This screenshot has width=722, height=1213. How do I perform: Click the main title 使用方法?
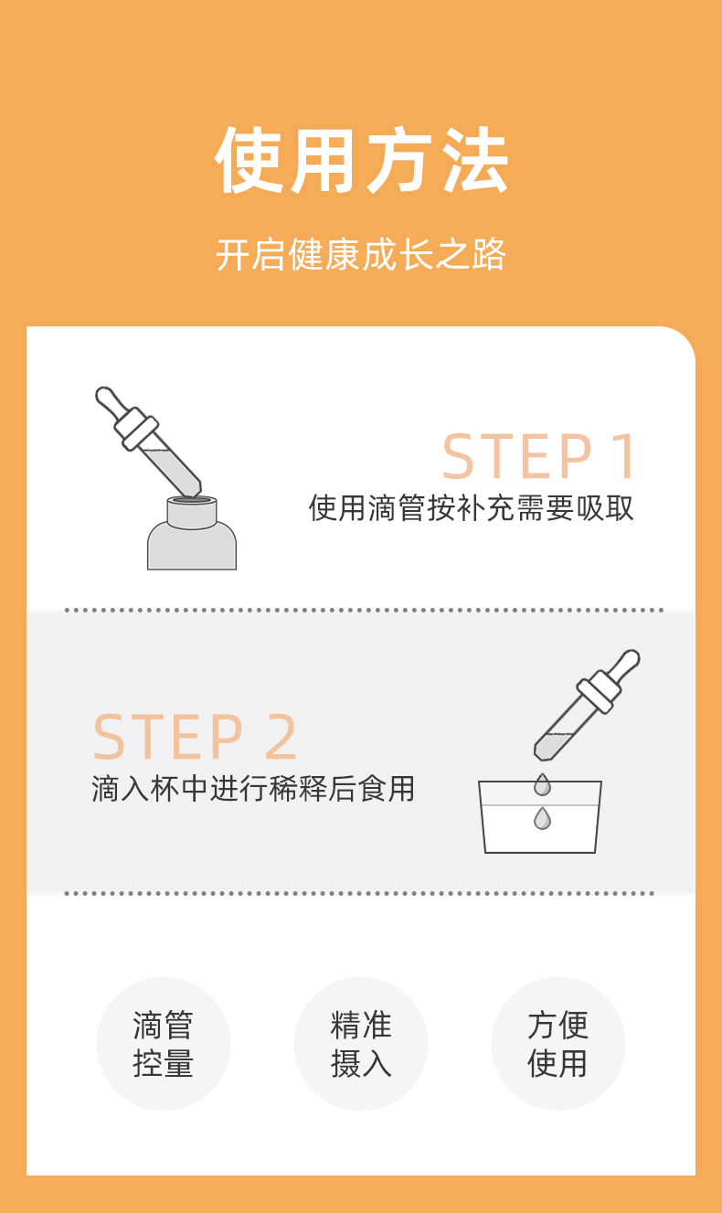361,160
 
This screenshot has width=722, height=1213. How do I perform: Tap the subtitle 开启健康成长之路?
361,254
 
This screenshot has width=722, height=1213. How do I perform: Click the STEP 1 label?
539,456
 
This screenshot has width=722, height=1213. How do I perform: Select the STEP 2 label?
195,737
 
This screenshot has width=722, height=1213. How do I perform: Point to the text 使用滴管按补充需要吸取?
471,508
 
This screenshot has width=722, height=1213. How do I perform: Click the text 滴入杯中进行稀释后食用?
253,789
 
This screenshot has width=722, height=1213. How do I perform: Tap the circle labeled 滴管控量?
164,1044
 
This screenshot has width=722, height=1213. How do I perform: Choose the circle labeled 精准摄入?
361,1044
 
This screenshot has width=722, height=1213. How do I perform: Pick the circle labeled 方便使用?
558,1044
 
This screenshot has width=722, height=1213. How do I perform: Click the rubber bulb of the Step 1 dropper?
111,402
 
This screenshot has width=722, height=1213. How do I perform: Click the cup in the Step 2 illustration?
540,816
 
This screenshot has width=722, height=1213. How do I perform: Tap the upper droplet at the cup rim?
542,784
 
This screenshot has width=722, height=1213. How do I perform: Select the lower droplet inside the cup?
542,818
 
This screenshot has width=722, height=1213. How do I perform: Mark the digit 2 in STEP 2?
281,736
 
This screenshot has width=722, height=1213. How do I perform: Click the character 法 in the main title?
475,160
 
